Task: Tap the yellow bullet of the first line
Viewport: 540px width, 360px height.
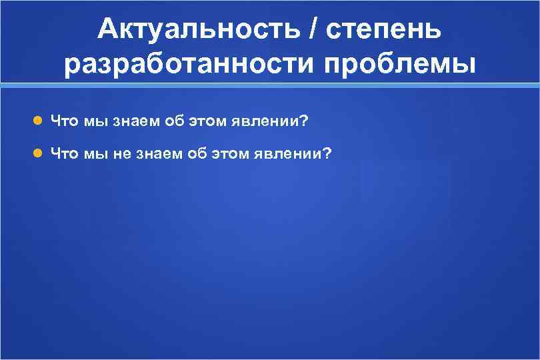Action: coord(39,121)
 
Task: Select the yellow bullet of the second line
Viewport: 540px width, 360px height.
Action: coord(39,154)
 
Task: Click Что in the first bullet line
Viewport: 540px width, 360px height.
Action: coord(65,121)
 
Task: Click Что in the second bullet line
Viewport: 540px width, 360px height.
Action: coord(65,154)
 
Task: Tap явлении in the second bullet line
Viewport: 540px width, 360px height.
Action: coord(283,154)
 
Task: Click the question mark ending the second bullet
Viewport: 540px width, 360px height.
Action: coord(325,154)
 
